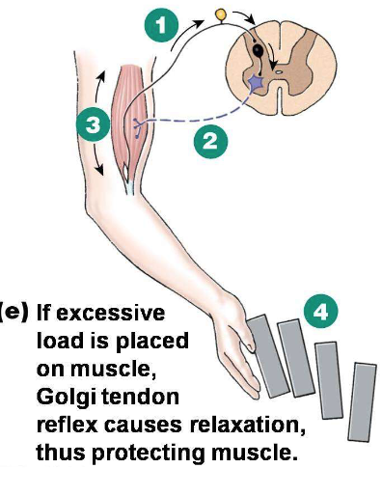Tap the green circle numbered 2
(x=210, y=141)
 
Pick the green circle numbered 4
(x=320, y=311)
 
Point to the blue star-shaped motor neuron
(x=258, y=85)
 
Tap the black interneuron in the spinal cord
(x=260, y=48)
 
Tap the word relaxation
(x=236, y=424)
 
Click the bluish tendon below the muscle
(x=128, y=179)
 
